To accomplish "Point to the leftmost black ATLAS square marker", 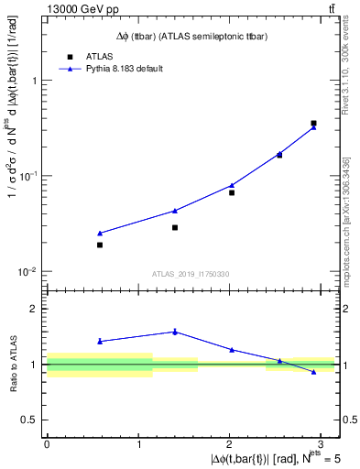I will click(100, 245).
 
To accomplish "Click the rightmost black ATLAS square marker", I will click(313, 123).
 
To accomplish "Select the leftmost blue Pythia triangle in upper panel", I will click(100, 234).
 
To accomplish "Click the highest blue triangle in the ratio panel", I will click(175, 332).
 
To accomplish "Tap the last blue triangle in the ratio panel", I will click(313, 372).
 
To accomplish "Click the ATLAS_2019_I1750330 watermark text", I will click(191, 273).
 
